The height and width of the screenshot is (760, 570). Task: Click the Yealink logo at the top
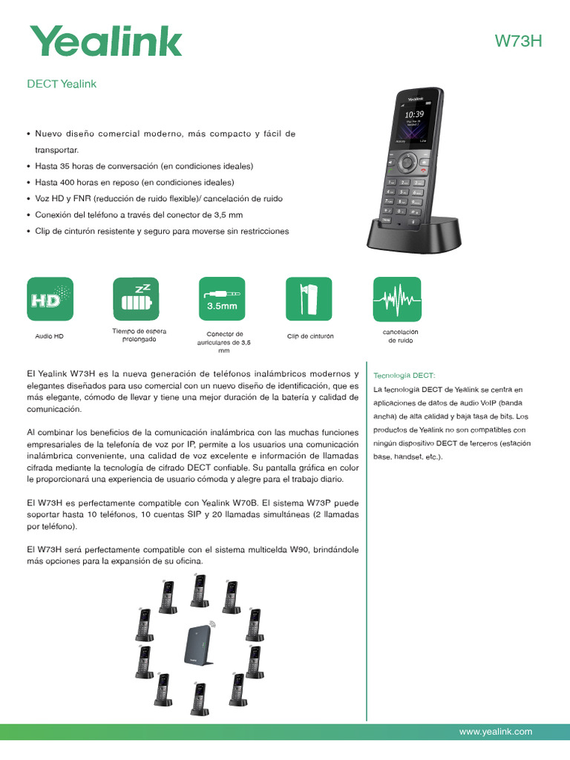click(x=105, y=41)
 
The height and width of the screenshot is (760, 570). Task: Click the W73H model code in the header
click(x=519, y=42)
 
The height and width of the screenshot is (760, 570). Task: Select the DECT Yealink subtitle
click(x=62, y=84)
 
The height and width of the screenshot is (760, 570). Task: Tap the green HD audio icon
click(x=50, y=301)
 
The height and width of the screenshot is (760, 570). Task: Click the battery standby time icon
click(x=136, y=301)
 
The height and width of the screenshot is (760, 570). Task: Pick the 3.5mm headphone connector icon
click(x=223, y=301)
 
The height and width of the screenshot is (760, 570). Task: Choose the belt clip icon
click(x=309, y=301)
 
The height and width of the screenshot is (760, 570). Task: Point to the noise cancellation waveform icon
click(x=397, y=301)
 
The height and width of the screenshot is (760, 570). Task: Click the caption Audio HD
click(x=50, y=336)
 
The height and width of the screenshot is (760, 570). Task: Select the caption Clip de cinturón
click(x=310, y=336)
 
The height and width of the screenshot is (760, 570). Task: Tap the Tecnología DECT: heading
click(x=404, y=376)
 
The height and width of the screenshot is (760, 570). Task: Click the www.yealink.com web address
click(x=496, y=731)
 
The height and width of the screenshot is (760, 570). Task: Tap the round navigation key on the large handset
click(x=407, y=162)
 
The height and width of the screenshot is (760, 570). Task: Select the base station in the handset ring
click(x=198, y=641)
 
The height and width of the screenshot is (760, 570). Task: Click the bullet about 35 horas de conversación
click(x=144, y=166)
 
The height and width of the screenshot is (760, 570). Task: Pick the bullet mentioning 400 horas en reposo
click(x=134, y=182)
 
